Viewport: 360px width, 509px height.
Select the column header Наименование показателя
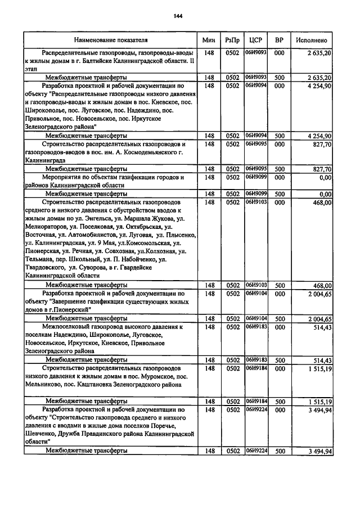110,40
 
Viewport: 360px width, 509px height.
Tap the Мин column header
209,40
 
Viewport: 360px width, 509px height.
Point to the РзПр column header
232,40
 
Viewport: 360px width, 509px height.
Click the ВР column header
278,40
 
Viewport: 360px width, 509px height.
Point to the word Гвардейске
152,268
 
